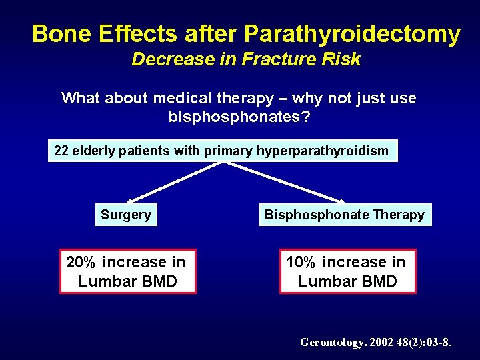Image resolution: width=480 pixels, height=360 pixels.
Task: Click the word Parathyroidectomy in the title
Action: coord(352,33)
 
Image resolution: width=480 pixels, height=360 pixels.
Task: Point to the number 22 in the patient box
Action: coord(61,151)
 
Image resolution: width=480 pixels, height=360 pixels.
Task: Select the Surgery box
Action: coord(126,215)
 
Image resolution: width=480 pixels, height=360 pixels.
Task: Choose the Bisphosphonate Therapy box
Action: coord(345,215)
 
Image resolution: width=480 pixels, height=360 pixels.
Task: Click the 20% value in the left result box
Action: coord(82,263)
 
